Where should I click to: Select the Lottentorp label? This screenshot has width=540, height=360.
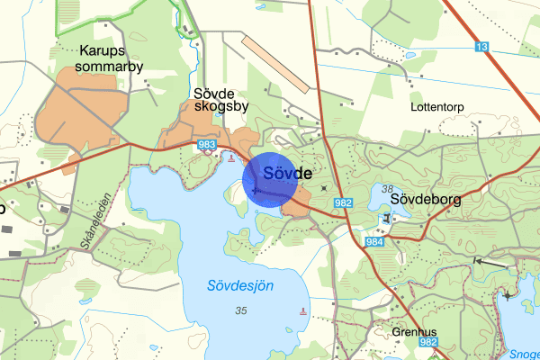[436, 106]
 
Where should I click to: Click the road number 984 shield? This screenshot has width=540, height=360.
[374, 243]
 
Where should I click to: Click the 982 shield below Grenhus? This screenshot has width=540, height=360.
[428, 343]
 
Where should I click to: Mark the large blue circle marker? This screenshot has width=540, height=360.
[270, 179]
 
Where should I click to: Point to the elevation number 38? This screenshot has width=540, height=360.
[387, 189]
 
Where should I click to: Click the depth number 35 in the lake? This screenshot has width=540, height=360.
[240, 310]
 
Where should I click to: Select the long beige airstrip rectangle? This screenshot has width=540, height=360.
[275, 63]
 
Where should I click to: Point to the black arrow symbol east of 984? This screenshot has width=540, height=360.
[477, 261]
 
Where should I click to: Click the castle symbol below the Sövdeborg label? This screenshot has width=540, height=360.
[387, 219]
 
